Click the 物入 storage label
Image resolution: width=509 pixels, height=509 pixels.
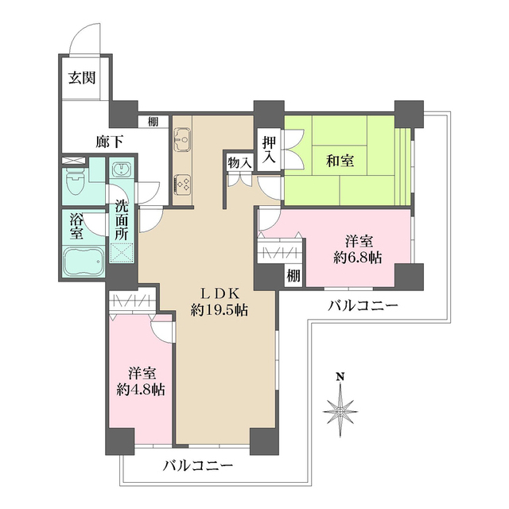pos(239,162)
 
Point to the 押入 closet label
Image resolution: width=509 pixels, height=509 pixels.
pos(269,150)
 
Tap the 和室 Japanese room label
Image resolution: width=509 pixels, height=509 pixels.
pos(340,161)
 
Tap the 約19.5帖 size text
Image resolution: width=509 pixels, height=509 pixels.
pos(219,311)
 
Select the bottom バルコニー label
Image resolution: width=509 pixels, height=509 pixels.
pos(198,466)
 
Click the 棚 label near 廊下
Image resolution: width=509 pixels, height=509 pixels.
pos(152,122)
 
